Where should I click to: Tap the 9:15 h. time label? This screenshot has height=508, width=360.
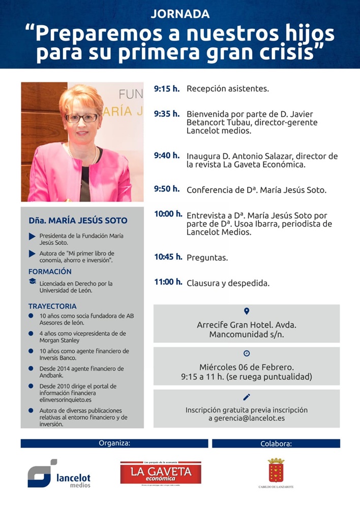[x=167, y=88]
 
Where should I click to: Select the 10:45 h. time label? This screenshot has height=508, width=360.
[x=168, y=257]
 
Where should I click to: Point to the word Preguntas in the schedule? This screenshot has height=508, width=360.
[x=207, y=258]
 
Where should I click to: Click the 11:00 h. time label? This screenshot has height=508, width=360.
[x=168, y=282]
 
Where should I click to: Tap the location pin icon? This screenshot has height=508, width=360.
[x=247, y=311]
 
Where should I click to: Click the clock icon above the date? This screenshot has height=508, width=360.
[x=247, y=354]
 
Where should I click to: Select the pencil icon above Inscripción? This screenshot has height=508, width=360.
[x=247, y=397]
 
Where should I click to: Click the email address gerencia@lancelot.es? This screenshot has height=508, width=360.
[x=246, y=418]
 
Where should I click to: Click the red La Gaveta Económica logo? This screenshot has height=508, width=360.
[x=161, y=472]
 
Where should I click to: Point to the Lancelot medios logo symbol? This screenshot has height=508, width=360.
[x=42, y=473]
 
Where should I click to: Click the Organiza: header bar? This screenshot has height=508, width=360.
[x=114, y=443]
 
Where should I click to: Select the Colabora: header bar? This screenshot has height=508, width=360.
[x=276, y=443]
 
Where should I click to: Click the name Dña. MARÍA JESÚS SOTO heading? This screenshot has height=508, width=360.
[x=78, y=220]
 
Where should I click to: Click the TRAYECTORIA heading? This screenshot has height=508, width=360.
[x=52, y=306]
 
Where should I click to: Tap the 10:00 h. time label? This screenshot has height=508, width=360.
[x=168, y=214]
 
